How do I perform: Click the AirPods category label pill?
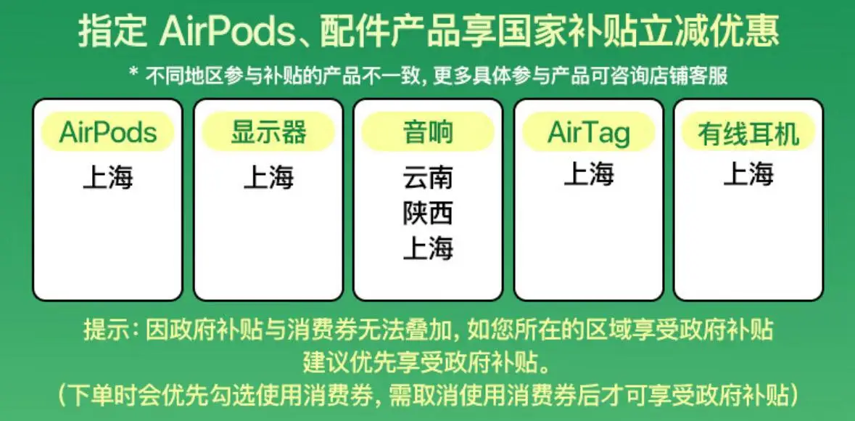pyautogui.click(x=107, y=131)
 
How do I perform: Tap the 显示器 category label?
pyautogui.click(x=268, y=131)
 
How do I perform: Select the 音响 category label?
pyautogui.click(x=428, y=131)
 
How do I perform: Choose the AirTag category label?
pyautogui.click(x=589, y=131)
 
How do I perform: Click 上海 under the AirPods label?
pyautogui.click(x=107, y=177)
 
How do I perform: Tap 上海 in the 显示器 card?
pyautogui.click(x=268, y=177)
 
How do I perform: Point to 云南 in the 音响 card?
pyautogui.click(x=428, y=177)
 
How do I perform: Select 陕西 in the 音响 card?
pyautogui.click(x=428, y=213)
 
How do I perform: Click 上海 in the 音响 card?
pyautogui.click(x=428, y=248)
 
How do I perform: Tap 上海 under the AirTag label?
pyautogui.click(x=589, y=174)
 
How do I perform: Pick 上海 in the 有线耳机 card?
pyautogui.click(x=748, y=174)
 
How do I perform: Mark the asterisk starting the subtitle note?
pyautogui.click(x=133, y=73)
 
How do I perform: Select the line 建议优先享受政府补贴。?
pyautogui.click(x=428, y=361)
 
